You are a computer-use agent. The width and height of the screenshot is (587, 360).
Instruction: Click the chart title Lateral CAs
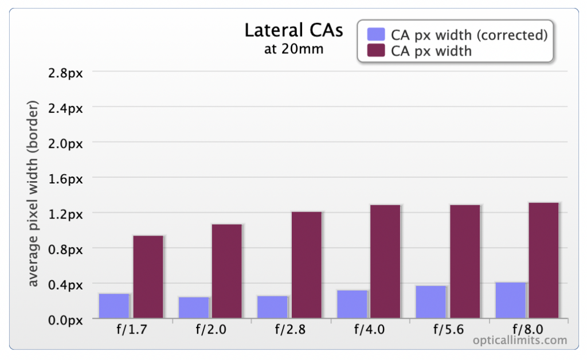(294, 30)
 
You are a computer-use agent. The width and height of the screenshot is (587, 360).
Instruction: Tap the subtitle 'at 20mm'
(294, 49)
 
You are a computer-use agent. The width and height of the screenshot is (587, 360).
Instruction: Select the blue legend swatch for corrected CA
(376, 34)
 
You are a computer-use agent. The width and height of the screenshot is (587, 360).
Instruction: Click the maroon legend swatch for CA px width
(376, 50)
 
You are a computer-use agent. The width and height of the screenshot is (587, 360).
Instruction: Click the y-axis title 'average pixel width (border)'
(33, 194)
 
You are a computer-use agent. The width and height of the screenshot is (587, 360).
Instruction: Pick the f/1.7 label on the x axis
(132, 329)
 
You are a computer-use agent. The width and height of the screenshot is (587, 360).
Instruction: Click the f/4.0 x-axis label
(369, 329)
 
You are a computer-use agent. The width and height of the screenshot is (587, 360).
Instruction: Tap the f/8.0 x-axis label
(528, 329)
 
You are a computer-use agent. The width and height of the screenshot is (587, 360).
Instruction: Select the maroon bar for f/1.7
(148, 277)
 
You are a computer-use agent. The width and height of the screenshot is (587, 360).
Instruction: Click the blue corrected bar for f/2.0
(194, 308)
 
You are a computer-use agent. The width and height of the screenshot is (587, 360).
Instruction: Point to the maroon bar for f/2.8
(307, 265)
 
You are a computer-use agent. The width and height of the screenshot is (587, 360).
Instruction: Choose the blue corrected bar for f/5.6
(431, 302)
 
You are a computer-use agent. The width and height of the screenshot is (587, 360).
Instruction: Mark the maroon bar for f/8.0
(543, 260)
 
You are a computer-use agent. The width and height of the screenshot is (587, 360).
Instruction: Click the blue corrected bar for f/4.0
(353, 304)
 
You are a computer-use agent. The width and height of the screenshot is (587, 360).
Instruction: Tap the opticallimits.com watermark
(519, 340)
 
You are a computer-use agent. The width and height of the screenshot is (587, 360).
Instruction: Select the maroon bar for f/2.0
(227, 271)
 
